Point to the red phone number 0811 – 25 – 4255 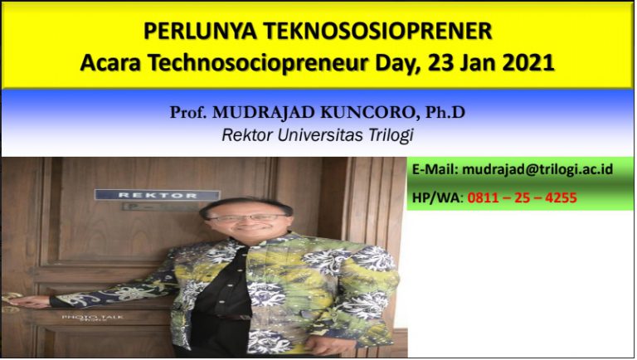[523, 198]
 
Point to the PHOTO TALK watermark [81, 318]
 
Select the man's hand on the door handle [24, 301]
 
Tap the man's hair [245, 203]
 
